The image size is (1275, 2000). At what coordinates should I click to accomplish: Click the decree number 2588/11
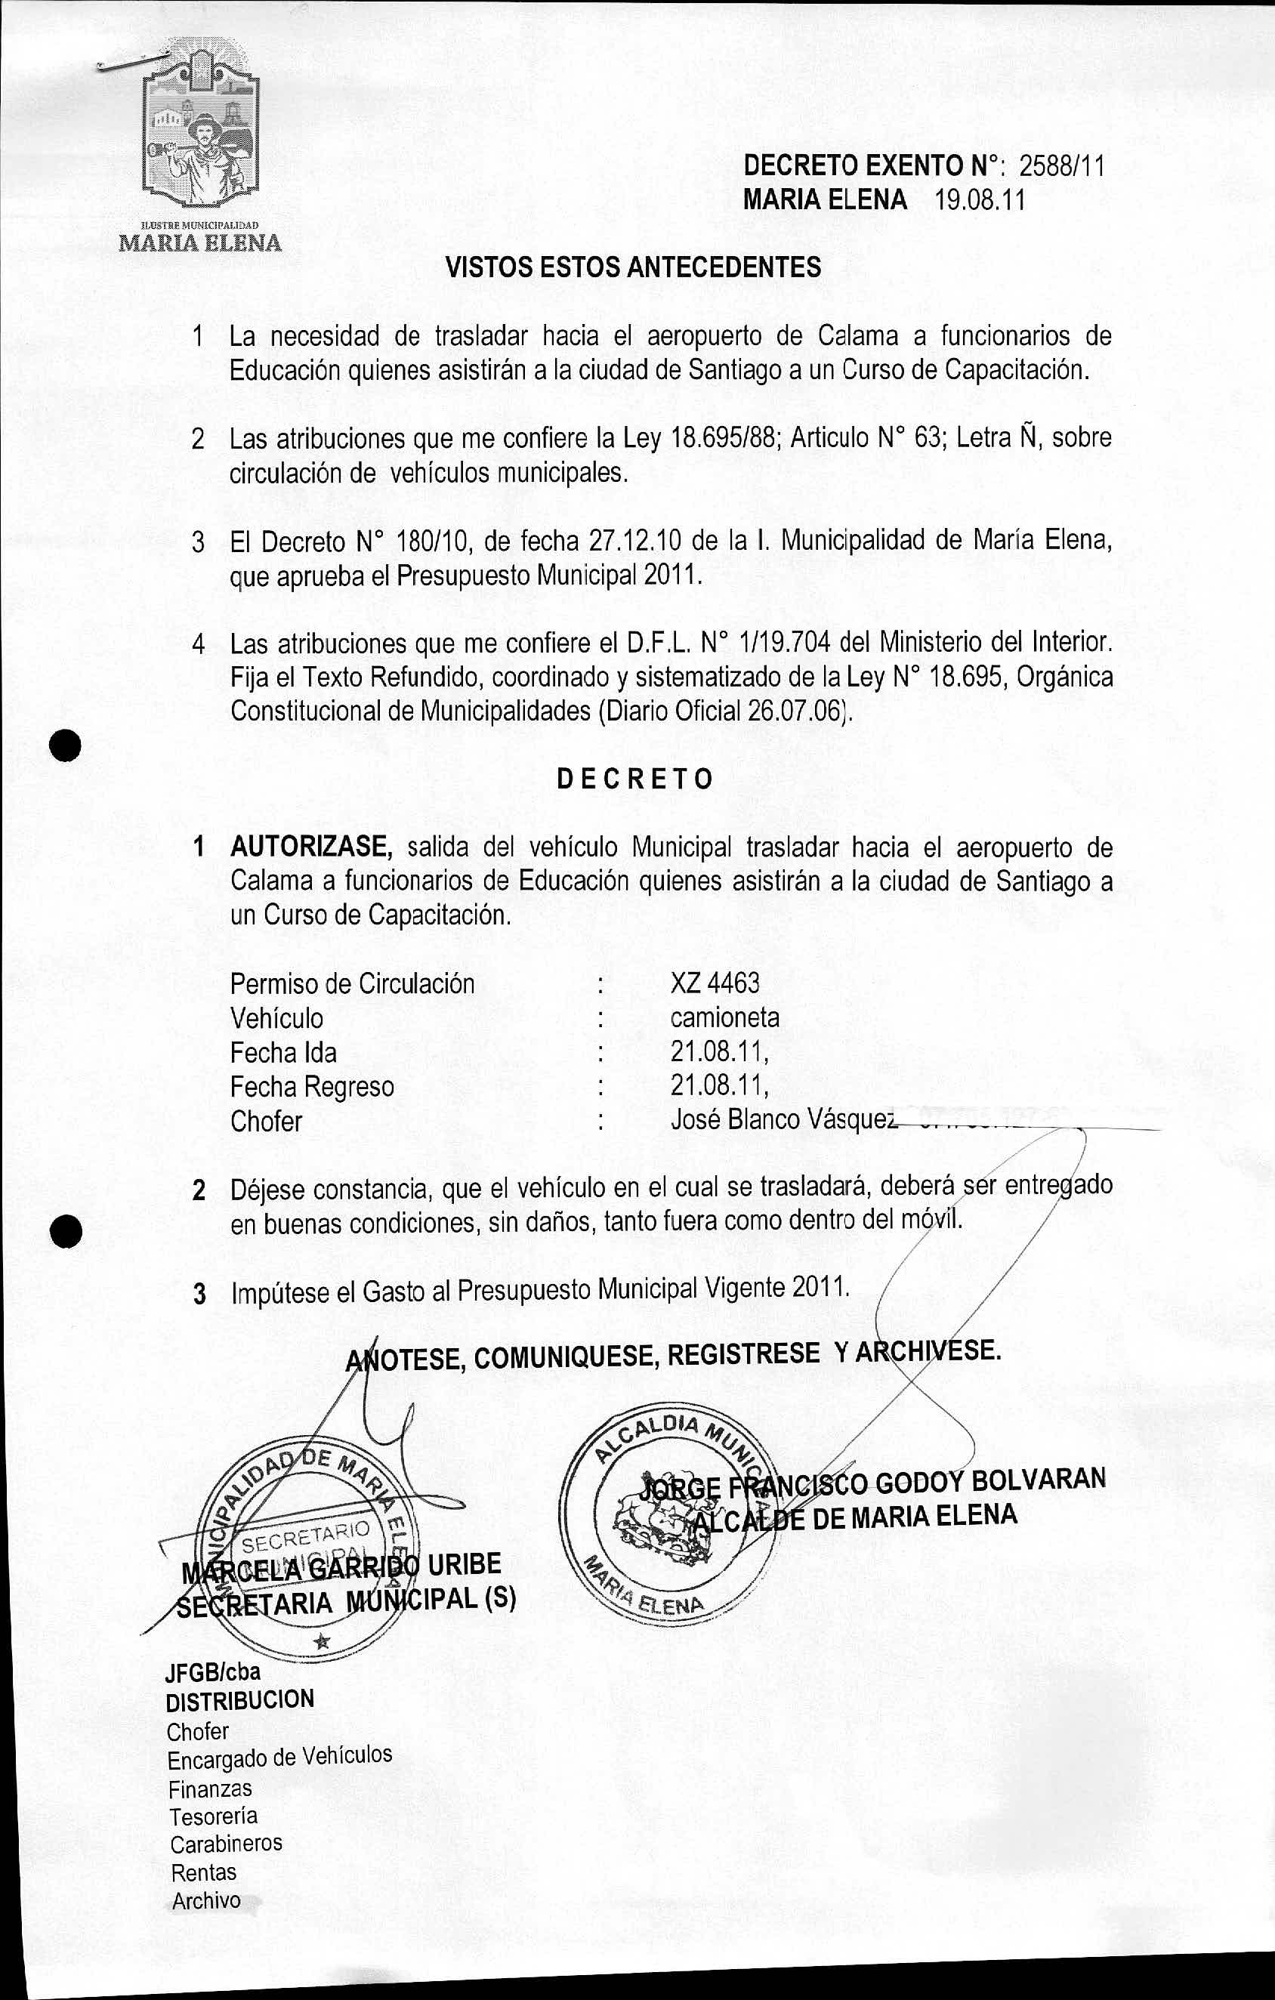click(x=1061, y=167)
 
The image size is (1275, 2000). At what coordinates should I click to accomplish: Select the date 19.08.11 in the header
click(x=980, y=201)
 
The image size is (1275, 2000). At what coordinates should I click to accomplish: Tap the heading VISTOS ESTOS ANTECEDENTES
click(x=633, y=267)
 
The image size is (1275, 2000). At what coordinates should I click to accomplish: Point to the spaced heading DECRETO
click(x=634, y=779)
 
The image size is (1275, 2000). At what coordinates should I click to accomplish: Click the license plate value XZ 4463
click(x=715, y=983)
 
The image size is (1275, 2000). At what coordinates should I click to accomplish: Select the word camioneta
click(x=724, y=1018)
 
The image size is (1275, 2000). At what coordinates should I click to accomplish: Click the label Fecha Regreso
click(x=311, y=1086)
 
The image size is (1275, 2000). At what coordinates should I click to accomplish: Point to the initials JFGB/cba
click(x=213, y=1672)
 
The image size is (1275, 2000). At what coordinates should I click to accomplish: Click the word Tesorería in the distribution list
click(x=214, y=1816)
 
